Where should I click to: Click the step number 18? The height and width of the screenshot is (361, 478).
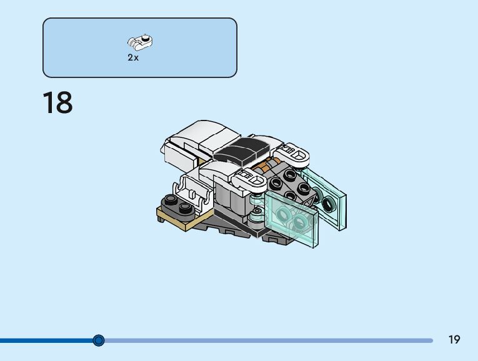(57, 102)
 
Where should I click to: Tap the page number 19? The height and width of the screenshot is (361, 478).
(454, 340)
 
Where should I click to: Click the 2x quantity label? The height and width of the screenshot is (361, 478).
(133, 57)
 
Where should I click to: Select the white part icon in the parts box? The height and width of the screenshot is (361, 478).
(141, 42)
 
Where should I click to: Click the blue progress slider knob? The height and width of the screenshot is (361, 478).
(99, 340)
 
